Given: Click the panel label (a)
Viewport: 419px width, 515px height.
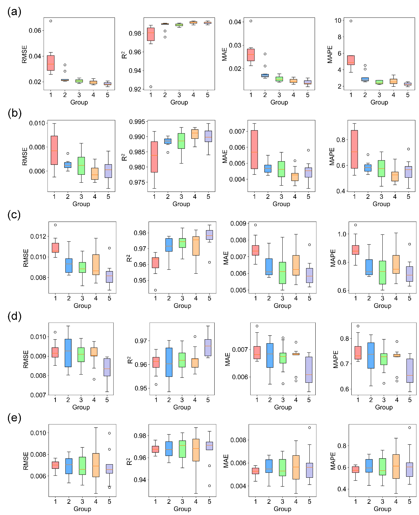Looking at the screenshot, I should coord(14,12).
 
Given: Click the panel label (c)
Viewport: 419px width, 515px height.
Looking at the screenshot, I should coord(14,215).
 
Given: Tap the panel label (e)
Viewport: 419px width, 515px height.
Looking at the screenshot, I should coord(14,418).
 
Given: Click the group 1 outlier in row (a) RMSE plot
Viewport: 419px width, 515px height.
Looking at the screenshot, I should coord(51,21).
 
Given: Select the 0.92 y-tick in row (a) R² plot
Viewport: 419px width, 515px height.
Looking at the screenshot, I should coord(135,89).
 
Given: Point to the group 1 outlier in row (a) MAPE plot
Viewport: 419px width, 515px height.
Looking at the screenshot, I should coord(351,21).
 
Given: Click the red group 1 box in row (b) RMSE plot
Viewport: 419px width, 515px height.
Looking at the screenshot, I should coord(54,150).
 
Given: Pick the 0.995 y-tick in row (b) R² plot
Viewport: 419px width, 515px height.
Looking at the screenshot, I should coord(137,122).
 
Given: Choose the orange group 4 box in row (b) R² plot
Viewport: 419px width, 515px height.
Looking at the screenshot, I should coord(195,134).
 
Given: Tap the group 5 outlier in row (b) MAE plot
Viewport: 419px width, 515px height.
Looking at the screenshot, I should coord(308,150).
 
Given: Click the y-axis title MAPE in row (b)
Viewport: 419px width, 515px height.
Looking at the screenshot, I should coord(332,156).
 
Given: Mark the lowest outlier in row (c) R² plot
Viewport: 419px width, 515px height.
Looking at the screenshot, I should coord(156,290).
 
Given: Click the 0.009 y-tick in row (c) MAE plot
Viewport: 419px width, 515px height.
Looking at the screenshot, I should coord(238,224).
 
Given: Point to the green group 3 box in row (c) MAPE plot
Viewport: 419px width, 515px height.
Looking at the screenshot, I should coord(383,272).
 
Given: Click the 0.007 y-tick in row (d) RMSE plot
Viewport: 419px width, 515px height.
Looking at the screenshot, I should coord(38,395).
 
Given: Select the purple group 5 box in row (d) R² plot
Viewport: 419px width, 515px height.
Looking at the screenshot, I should coord(208,348).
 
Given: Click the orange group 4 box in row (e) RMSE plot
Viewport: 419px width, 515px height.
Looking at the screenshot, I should coord(96,465).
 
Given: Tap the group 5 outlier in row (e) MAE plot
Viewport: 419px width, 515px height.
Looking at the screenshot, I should coord(309,428).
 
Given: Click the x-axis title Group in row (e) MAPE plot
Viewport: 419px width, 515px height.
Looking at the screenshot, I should coord(382,509).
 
